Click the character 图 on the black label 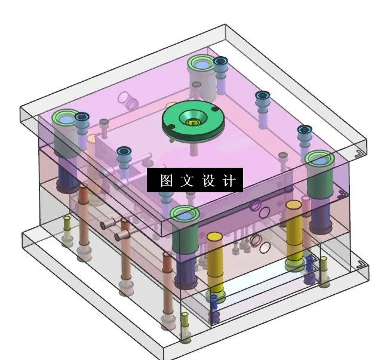[166, 180]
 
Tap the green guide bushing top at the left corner [64, 118]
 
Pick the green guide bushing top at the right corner [319, 158]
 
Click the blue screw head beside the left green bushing [82, 117]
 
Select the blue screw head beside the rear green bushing [221, 61]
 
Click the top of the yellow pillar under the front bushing [215, 236]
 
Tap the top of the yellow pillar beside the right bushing [293, 205]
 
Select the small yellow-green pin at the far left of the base [67, 219]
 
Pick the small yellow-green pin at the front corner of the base [185, 314]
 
